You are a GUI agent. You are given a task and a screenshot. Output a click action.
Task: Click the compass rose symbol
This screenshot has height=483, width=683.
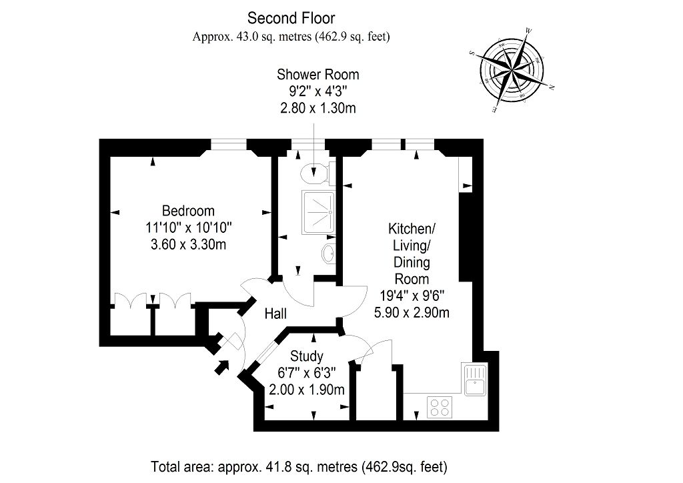click(x=512, y=71)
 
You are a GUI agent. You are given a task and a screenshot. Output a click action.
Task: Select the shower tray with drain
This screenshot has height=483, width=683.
click(x=318, y=213)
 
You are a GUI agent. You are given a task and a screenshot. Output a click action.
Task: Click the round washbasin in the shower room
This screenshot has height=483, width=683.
click(x=328, y=253)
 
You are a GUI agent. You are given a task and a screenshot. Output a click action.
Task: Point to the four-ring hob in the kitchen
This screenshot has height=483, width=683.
click(x=440, y=407)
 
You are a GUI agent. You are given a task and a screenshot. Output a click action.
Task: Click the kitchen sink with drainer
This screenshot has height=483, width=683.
click(x=475, y=380)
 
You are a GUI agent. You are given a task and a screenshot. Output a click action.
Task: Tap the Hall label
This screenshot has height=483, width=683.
click(x=275, y=314)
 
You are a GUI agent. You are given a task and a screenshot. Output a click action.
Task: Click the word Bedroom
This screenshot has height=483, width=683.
click(x=188, y=211)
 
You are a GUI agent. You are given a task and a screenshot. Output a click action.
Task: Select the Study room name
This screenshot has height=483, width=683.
click(x=307, y=356)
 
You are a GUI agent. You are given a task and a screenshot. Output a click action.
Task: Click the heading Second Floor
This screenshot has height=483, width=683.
click(x=291, y=18)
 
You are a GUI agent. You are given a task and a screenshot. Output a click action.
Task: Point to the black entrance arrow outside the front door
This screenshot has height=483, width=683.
click(x=221, y=367)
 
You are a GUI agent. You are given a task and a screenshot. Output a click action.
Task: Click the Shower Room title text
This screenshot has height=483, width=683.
click(x=318, y=75)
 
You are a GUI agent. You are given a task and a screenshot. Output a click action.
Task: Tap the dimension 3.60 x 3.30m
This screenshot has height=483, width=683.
click(x=188, y=244)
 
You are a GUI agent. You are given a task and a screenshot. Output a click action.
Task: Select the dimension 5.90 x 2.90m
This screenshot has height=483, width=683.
click(x=412, y=312)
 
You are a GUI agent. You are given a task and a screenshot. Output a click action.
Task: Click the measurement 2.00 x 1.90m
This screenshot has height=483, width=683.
click(x=307, y=390)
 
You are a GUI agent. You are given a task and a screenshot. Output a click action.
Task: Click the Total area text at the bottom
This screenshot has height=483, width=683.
click(x=299, y=467)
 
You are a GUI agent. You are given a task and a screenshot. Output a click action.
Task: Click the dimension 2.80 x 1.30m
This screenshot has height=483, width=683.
click(x=318, y=107)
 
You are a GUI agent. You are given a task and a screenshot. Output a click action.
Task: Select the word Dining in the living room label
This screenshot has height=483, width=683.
click(x=412, y=262)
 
